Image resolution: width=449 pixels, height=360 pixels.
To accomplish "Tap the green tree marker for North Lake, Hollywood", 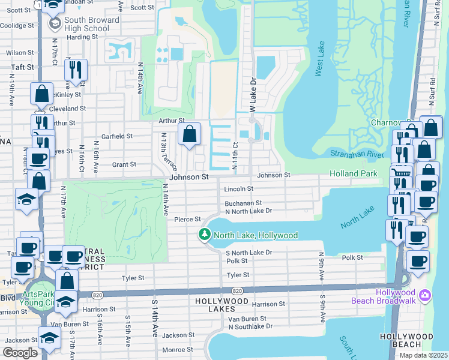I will tap(205, 235).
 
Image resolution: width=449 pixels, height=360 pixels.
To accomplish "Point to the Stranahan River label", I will tap(357, 154).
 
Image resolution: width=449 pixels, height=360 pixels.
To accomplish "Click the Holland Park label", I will tap(354, 174).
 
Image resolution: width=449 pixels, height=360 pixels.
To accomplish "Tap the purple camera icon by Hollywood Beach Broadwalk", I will tap(426, 295).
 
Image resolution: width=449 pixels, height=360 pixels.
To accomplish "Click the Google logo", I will tap(20, 353).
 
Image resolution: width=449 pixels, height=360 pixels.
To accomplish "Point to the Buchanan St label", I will tap(243, 203).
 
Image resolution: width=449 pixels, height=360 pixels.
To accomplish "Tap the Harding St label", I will tap(82, 37).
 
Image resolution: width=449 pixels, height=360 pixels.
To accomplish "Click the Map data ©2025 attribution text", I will tap(423, 355).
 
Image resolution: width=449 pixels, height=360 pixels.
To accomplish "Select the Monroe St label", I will tap(177, 349).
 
